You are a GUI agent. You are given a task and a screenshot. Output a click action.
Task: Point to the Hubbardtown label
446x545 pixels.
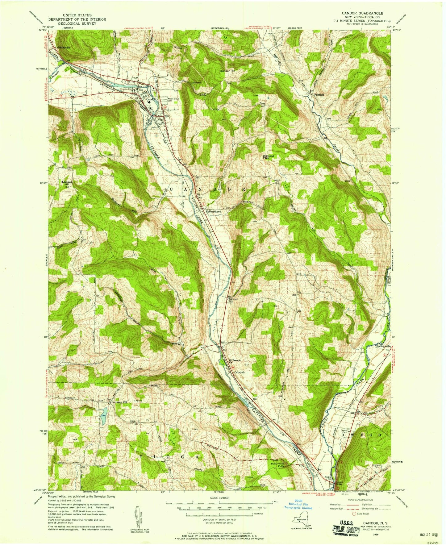pyautogui.click(x=214, y=212)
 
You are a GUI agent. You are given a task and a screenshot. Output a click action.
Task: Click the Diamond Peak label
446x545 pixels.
pyautogui.click(x=268, y=157)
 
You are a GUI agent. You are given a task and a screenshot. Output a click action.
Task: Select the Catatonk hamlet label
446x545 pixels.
pyautogui.click(x=240, y=372)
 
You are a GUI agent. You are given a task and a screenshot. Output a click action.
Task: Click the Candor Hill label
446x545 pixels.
pyautogui.click(x=227, y=71)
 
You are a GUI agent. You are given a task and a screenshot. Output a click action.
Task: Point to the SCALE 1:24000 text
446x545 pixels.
pyautogui.click(x=219, y=498)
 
